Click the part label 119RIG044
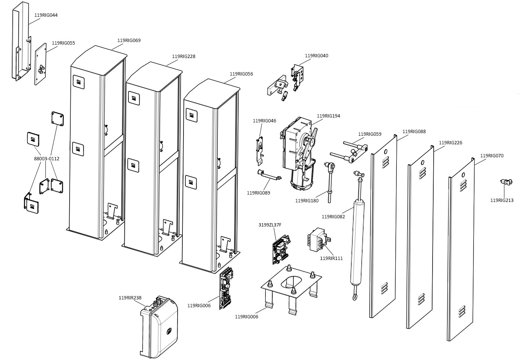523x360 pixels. click(x=46, y=15)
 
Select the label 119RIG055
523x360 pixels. click(x=63, y=43)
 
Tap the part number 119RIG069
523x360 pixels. click(x=129, y=41)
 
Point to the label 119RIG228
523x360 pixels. click(x=184, y=57)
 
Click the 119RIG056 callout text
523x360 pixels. click(x=241, y=74)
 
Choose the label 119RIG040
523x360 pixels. click(x=316, y=56)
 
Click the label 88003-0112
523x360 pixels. click(x=47, y=159)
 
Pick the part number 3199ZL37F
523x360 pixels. click(x=270, y=225)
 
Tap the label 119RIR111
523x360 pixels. click(x=331, y=258)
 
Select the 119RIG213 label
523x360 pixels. click(x=501, y=200)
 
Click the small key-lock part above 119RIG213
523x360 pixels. click(x=506, y=182)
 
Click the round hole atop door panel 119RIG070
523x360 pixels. click(x=463, y=175)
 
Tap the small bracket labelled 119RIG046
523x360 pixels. click(x=259, y=149)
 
